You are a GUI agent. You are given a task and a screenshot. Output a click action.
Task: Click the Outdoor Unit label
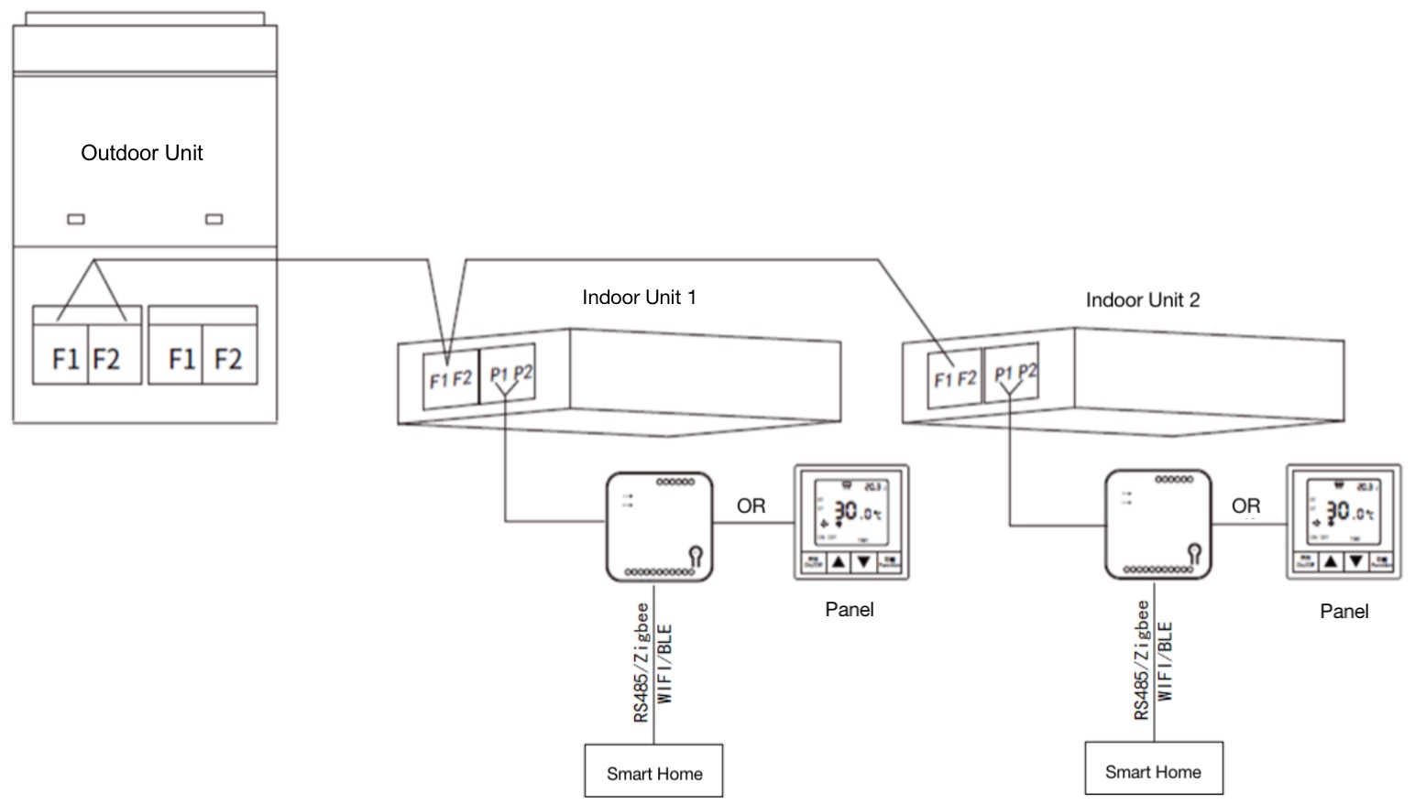142,153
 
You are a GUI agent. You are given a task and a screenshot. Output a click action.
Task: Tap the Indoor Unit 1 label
639,298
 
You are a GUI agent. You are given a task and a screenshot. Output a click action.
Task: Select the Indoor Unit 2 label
1142,300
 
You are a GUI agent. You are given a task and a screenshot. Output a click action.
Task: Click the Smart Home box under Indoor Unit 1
653,771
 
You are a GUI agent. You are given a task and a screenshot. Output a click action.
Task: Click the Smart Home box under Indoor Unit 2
1153,769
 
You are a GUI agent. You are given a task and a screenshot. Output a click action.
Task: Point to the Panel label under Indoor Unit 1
850,610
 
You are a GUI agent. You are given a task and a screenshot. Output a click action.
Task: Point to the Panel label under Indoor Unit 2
1344,612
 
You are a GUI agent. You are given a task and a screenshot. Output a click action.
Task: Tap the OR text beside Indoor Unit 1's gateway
751,505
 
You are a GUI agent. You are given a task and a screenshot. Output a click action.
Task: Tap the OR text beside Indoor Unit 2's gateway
1245,505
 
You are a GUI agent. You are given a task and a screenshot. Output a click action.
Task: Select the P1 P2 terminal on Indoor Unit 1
510,374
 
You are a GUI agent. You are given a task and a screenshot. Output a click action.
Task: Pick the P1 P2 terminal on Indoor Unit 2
1015,373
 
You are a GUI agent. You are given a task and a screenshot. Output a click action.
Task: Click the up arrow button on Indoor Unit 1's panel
839,562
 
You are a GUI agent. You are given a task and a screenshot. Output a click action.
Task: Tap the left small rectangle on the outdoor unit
77,219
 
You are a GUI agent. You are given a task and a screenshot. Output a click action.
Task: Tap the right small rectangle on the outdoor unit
214,219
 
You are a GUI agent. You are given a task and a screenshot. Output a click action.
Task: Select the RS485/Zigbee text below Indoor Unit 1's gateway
642,662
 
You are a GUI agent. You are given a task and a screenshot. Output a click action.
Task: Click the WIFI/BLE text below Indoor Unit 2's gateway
1165,661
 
